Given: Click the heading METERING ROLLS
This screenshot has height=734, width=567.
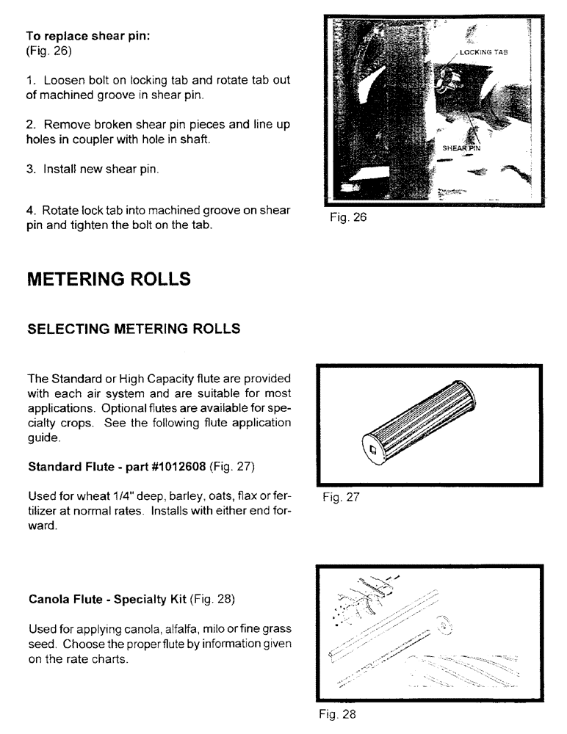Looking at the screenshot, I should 109,280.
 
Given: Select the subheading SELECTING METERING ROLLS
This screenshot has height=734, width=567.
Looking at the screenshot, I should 134,329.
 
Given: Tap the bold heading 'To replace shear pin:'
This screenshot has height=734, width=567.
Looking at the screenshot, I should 88,37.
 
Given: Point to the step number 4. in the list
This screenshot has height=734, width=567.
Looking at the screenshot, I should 32,211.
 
